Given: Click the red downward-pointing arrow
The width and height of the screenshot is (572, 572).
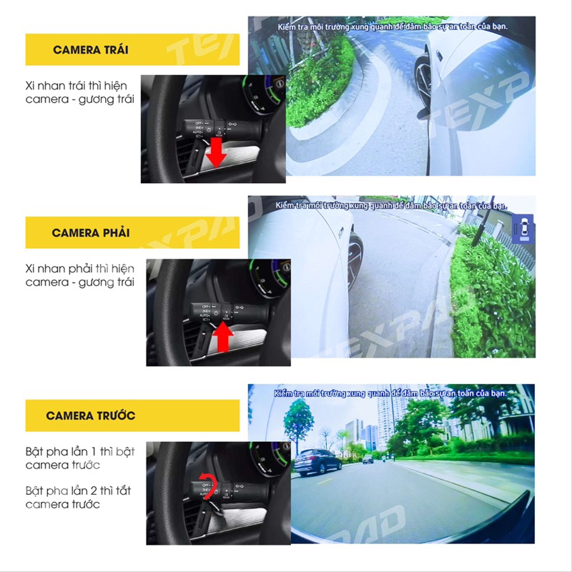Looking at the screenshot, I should tap(215, 152).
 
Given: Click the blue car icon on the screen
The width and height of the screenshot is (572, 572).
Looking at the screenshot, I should tap(523, 227).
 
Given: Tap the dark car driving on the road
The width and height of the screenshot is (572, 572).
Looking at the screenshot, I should tap(317, 462).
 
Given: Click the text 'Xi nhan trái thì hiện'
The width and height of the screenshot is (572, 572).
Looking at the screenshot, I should tap(79, 85).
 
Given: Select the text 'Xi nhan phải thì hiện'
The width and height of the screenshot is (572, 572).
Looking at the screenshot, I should tap(79, 268).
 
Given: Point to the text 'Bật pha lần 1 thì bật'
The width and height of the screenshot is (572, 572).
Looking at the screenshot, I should tap(79, 451).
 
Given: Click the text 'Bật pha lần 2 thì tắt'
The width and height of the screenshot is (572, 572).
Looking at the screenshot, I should tap(79, 490).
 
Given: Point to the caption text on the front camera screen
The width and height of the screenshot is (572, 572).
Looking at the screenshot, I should tap(391, 393).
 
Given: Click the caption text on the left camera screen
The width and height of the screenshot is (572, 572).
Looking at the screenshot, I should tap(392, 26).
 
